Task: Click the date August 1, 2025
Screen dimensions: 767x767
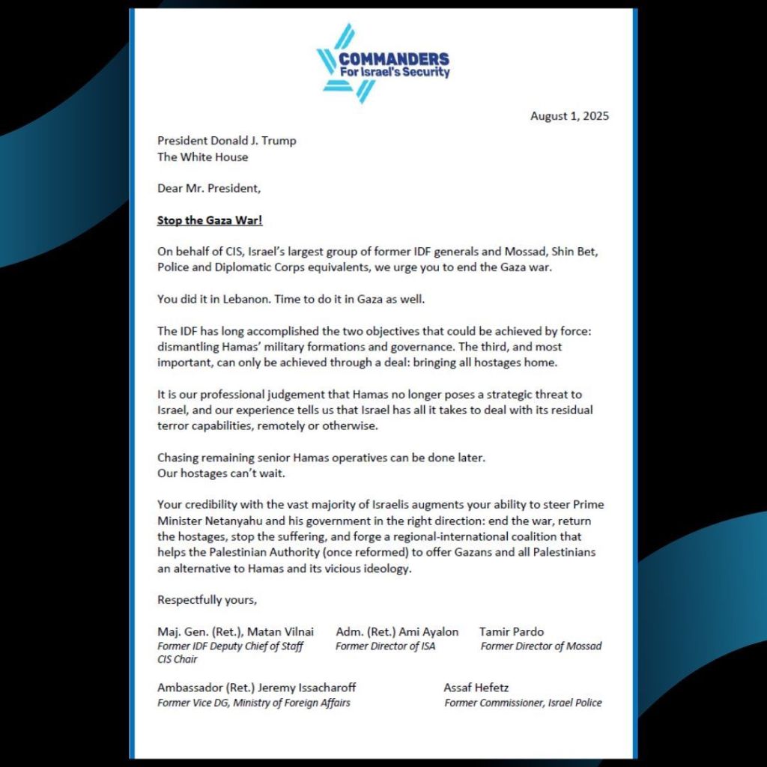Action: pyautogui.click(x=569, y=116)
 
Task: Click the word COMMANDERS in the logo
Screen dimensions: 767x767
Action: pyautogui.click(x=394, y=59)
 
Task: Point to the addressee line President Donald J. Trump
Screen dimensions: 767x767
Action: pyautogui.click(x=226, y=141)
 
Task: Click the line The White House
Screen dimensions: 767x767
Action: pyautogui.click(x=202, y=157)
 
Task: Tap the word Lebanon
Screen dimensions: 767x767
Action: pyautogui.click(x=240, y=299)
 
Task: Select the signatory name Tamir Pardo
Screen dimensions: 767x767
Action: pyautogui.click(x=512, y=631)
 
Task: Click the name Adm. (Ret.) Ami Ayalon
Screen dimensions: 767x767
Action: pyautogui.click(x=397, y=631)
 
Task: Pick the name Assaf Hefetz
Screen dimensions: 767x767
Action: pyautogui.click(x=476, y=688)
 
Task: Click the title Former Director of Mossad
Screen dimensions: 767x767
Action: pyautogui.click(x=541, y=646)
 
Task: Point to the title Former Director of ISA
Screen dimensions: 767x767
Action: pyautogui.click(x=385, y=646)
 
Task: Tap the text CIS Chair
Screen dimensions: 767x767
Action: pyautogui.click(x=178, y=659)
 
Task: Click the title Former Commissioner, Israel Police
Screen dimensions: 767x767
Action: pyautogui.click(x=523, y=703)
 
